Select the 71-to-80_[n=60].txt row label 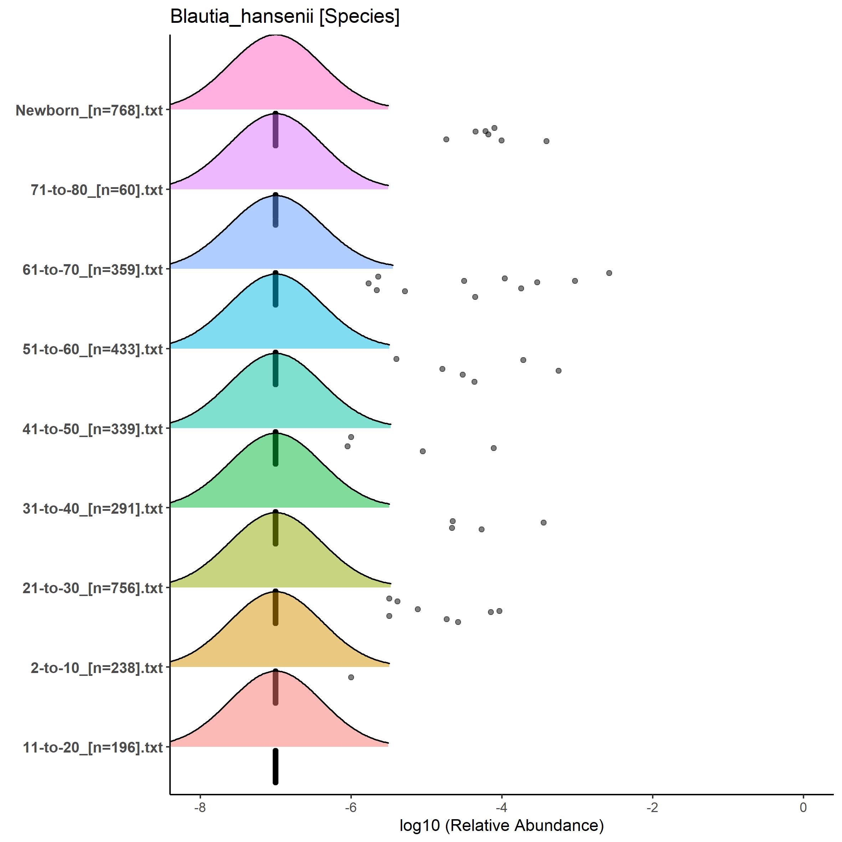point(97,190)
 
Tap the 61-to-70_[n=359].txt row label point(93,270)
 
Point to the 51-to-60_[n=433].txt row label point(93,349)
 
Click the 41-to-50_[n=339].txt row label point(93,429)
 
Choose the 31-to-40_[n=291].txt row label point(93,509)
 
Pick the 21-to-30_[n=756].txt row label point(93,588)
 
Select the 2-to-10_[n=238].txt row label point(97,668)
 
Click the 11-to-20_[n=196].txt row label point(93,748)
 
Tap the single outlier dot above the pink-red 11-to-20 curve point(351,677)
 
